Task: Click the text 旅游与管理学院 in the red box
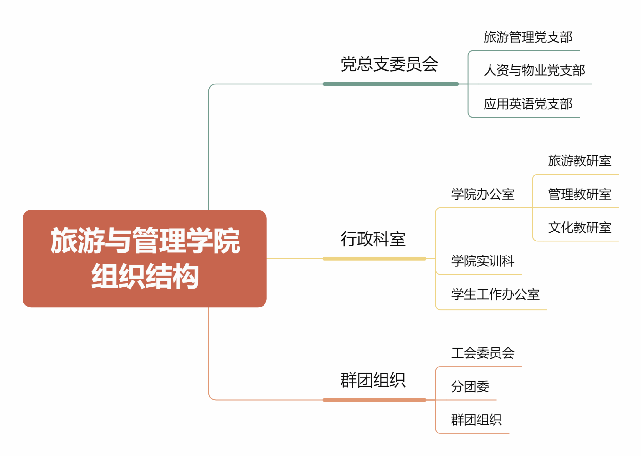click(x=145, y=241)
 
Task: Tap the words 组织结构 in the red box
click(x=145, y=276)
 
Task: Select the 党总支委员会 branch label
click(x=389, y=64)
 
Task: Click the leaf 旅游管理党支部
click(x=528, y=37)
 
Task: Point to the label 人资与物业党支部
click(x=534, y=70)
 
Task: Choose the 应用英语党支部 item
click(x=528, y=104)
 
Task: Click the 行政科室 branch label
click(x=373, y=239)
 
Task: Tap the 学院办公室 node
click(x=483, y=194)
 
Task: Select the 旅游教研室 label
click(x=580, y=161)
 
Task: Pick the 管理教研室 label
click(x=580, y=194)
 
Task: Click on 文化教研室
click(x=580, y=227)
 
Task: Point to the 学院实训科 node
click(x=483, y=261)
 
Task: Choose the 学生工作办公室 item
click(x=495, y=294)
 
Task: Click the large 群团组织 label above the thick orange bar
click(x=373, y=380)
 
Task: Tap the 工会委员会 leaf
click(x=483, y=353)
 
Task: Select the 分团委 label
click(x=470, y=387)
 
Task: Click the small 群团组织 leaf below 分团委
click(x=476, y=420)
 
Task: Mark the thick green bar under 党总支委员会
click(x=391, y=84)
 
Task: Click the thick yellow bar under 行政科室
click(x=374, y=259)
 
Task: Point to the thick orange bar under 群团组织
click(x=374, y=400)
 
